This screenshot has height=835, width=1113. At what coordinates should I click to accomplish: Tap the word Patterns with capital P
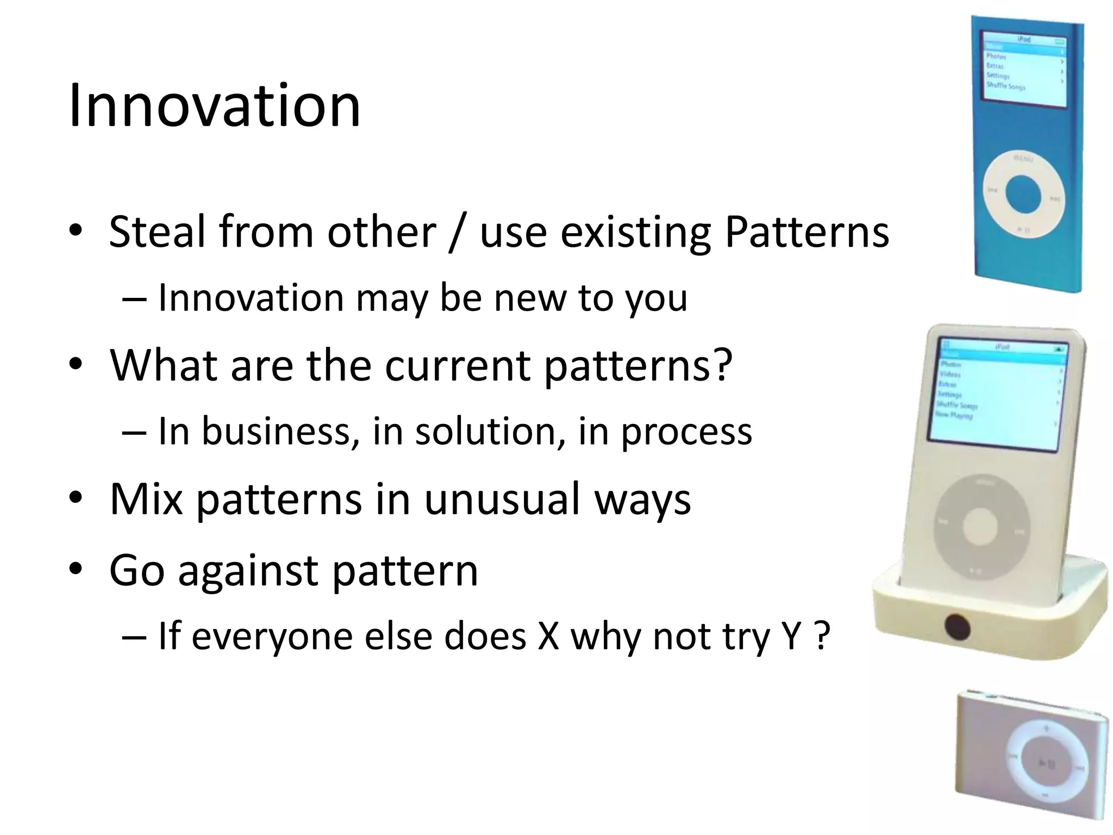coord(806,232)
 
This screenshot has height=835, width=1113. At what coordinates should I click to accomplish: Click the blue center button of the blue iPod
coord(1023,194)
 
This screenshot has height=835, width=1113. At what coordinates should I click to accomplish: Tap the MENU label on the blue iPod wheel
coord(1023,159)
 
